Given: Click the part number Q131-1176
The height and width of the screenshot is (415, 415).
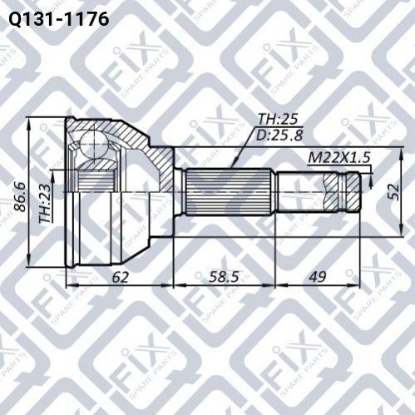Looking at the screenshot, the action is [59, 19].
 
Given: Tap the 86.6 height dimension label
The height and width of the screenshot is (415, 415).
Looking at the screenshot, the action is [20, 196].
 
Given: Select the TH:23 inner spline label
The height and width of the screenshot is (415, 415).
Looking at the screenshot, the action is [46, 204].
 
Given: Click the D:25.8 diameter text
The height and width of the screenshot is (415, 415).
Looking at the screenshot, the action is [279, 136].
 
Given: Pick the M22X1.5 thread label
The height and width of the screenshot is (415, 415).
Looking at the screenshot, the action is [339, 158].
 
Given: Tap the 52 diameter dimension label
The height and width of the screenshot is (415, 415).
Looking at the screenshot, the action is [393, 191].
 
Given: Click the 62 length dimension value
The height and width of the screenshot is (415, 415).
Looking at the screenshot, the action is [120, 277].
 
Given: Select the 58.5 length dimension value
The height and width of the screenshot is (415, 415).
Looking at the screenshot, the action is [224, 277].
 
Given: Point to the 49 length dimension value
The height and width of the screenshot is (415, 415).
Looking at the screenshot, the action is [318, 276].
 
